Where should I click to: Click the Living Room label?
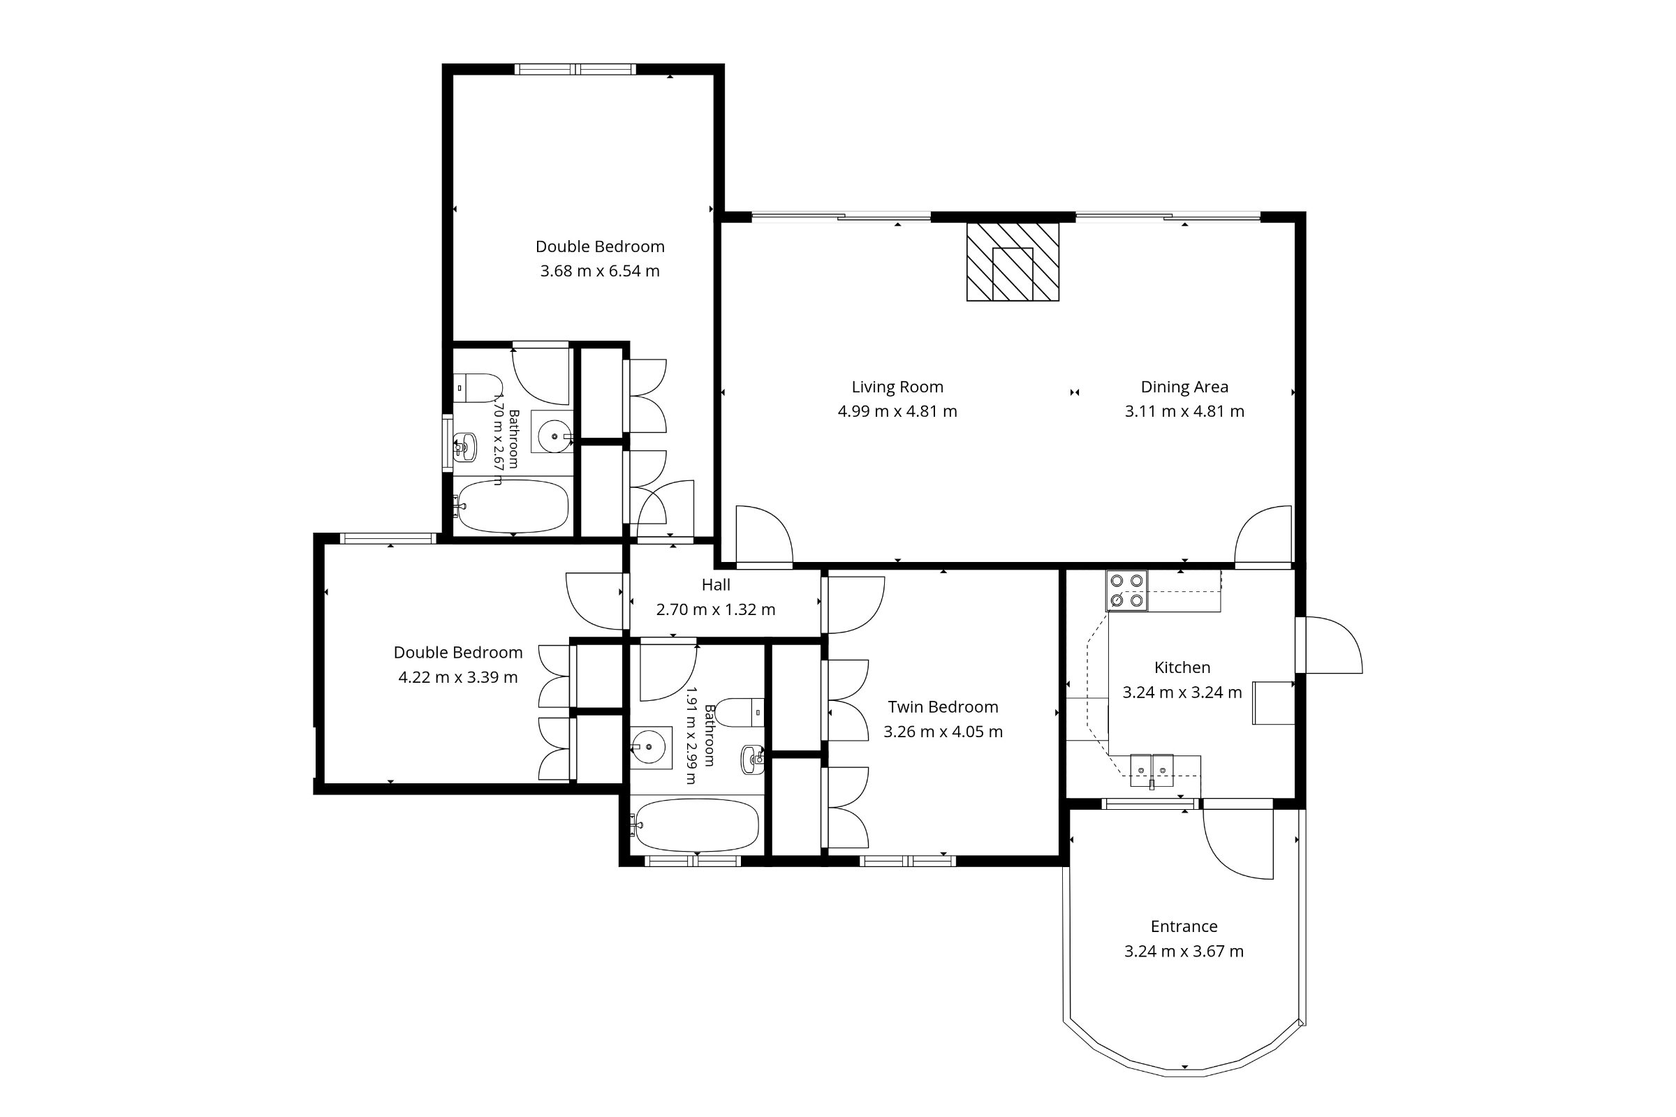[x=897, y=387]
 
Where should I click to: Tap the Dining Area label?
[x=1184, y=387]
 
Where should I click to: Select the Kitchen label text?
[x=1182, y=667]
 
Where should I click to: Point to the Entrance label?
[x=1184, y=926]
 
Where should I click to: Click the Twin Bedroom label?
[x=943, y=707]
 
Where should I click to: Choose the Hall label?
[x=716, y=585]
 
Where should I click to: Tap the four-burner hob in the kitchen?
[x=1126, y=591]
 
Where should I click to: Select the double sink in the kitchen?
[x=1152, y=770]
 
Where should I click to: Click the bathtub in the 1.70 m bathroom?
[x=512, y=505]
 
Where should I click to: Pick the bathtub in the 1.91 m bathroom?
[x=696, y=825]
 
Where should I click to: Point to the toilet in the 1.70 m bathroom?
[x=478, y=388]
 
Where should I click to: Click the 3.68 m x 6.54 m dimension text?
[x=600, y=271]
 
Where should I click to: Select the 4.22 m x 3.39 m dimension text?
[x=458, y=676]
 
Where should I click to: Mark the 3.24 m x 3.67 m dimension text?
[x=1184, y=951]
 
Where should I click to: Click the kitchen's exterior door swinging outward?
[x=1329, y=644]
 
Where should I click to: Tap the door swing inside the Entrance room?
[x=1237, y=844]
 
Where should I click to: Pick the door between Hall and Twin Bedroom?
[x=853, y=605]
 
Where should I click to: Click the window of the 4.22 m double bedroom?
[x=388, y=538]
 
